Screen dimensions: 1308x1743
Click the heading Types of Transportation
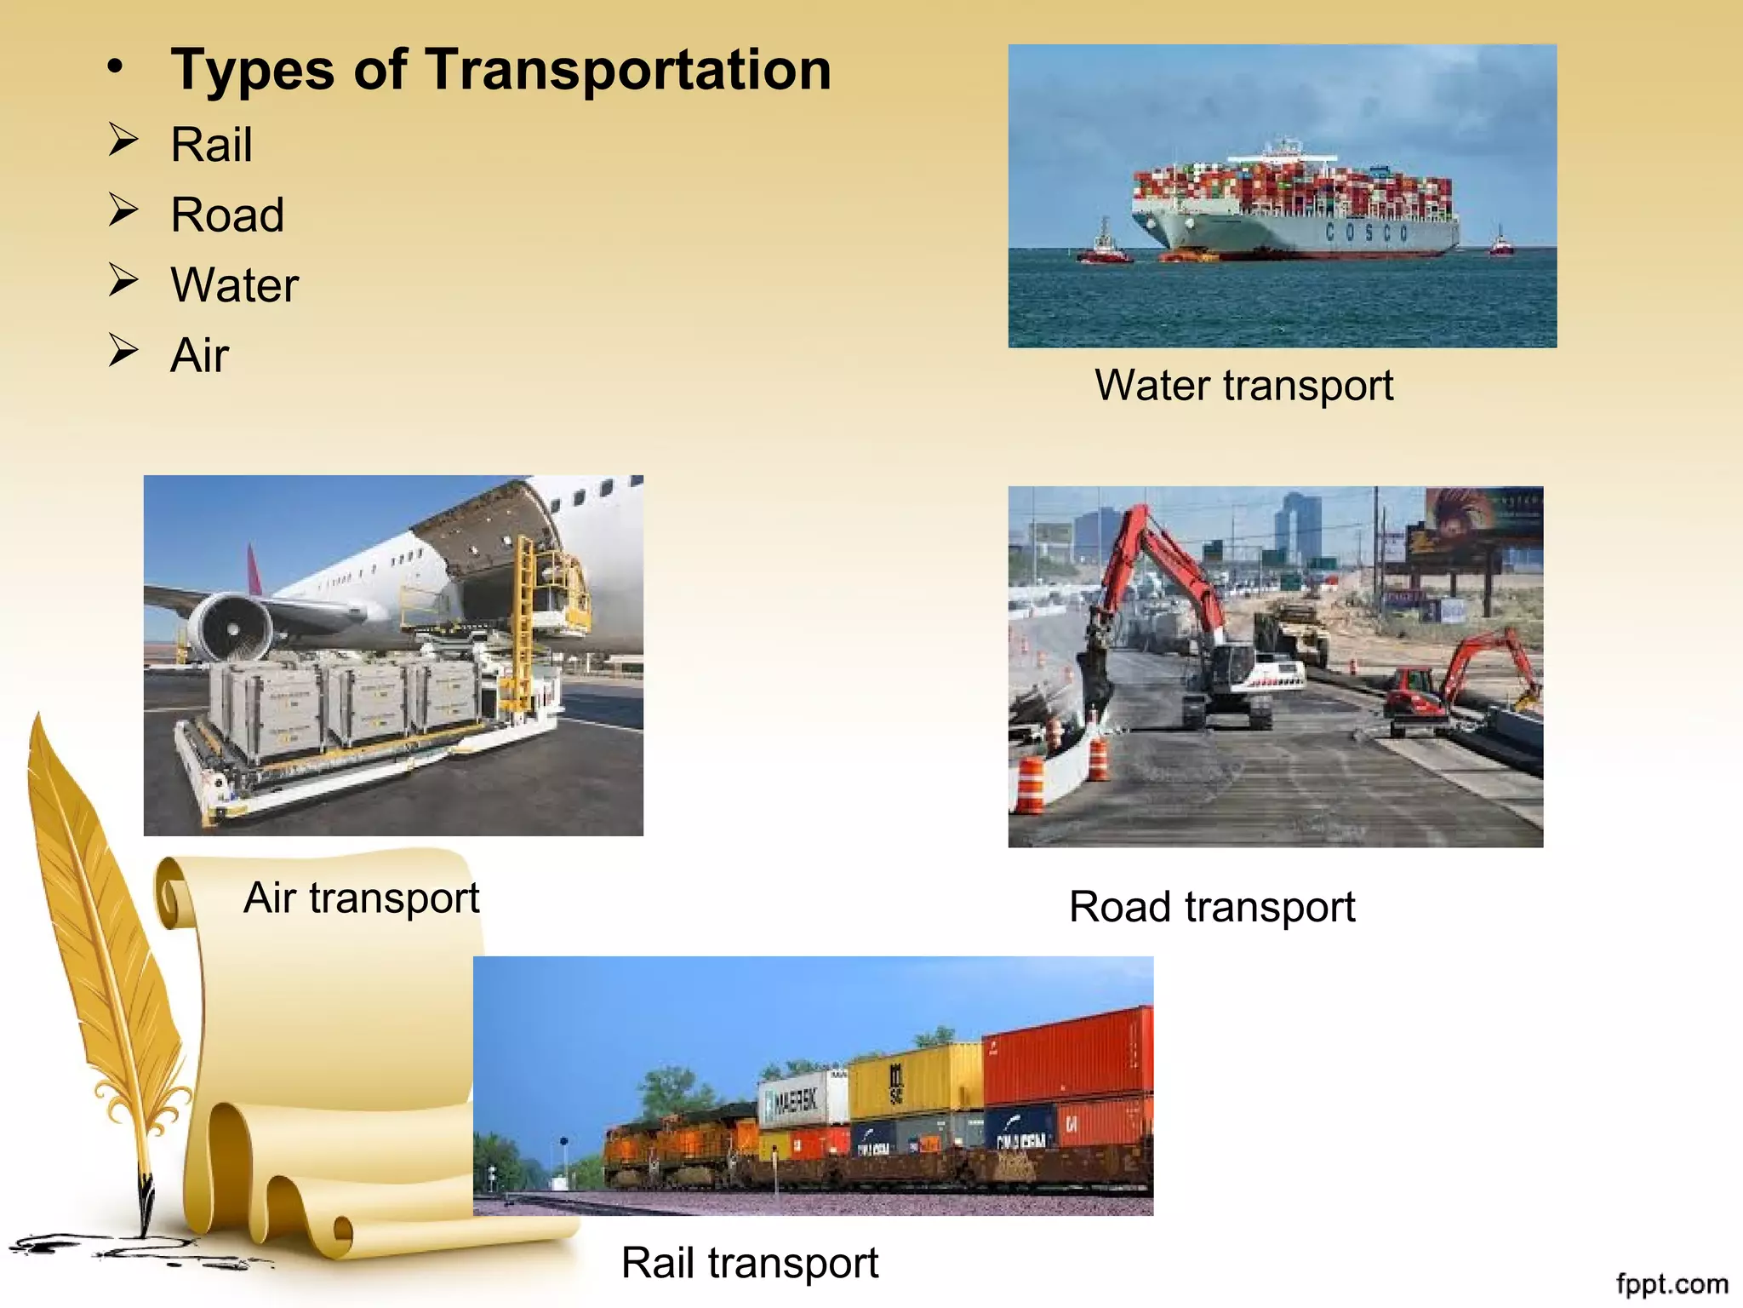(500, 70)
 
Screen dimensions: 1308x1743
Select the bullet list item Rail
(211, 144)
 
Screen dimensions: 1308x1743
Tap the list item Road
(227, 215)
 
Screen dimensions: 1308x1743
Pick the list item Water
(234, 284)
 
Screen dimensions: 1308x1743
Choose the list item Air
(199, 355)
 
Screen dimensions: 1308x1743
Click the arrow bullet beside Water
(123, 280)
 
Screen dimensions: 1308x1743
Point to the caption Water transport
(1243, 386)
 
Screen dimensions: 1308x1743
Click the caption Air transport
(361, 898)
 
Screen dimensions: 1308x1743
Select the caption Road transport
(1211, 907)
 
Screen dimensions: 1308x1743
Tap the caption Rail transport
(749, 1263)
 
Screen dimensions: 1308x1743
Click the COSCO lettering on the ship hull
(1367, 232)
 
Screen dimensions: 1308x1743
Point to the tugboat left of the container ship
(1104, 247)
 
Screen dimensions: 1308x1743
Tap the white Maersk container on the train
(800, 1100)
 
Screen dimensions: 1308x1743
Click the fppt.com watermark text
(1672, 1283)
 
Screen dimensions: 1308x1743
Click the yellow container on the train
(916, 1080)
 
